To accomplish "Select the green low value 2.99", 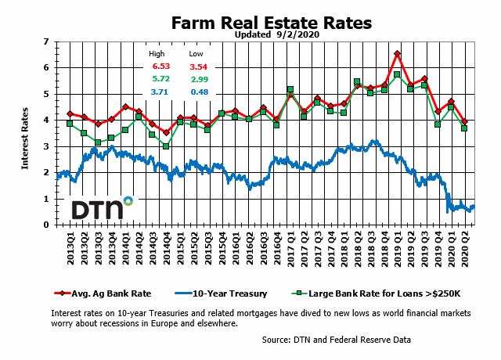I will point(197,80).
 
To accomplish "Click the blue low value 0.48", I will point(197,92).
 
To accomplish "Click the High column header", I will point(157,54).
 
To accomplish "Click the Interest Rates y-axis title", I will point(25,133).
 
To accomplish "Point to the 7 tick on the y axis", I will point(47,41).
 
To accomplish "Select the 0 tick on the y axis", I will point(47,225).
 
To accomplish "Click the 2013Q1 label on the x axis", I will point(70,250).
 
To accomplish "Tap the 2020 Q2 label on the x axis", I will point(467,250).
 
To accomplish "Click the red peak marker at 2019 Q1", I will point(398,54).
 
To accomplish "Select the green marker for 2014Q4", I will point(166,146).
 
